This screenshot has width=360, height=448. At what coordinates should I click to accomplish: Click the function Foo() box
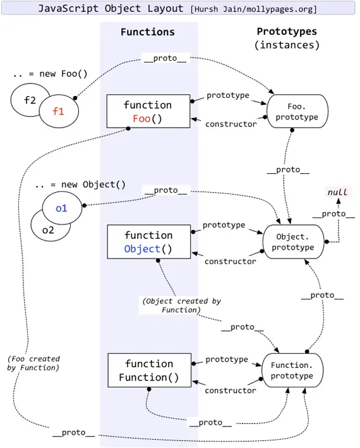(x=148, y=111)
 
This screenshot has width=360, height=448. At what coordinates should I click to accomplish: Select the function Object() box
(x=148, y=242)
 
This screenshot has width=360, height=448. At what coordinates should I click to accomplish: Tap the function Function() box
(x=148, y=371)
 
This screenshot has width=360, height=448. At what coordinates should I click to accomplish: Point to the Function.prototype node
(x=292, y=371)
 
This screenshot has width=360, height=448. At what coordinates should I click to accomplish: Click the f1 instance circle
(x=59, y=112)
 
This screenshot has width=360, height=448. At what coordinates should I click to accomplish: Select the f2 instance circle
(x=29, y=100)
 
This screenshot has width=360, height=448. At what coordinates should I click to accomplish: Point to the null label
(x=337, y=191)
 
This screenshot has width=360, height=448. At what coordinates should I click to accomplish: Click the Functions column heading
(x=147, y=32)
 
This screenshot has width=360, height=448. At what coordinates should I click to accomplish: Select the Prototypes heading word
(x=286, y=32)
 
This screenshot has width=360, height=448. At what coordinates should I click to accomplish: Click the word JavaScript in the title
(x=66, y=8)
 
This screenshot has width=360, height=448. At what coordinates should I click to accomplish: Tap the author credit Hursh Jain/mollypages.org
(x=253, y=9)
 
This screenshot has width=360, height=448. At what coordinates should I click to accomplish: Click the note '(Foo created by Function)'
(x=33, y=363)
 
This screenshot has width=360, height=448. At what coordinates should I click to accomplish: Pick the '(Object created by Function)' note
(x=181, y=305)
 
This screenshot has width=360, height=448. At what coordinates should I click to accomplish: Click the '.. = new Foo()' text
(x=50, y=73)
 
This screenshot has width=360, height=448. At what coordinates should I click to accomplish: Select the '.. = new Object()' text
(x=80, y=185)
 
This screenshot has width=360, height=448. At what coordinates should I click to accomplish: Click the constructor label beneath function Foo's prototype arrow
(x=231, y=124)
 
